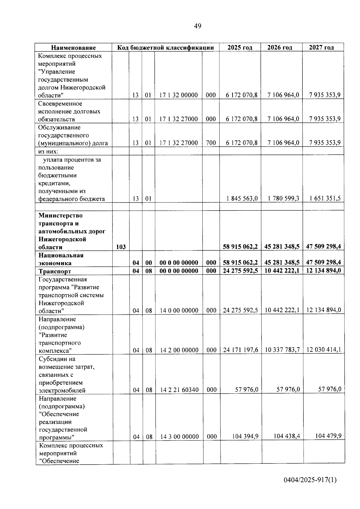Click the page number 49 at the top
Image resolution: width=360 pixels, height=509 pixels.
[x=197, y=26]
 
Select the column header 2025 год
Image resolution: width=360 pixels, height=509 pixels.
[x=240, y=47]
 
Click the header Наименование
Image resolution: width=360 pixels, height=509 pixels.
[x=73, y=48]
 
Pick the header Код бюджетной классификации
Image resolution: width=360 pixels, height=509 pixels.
[x=165, y=47]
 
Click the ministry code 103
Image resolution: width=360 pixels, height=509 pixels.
[x=121, y=247]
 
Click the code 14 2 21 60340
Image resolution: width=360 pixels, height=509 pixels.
[x=179, y=390]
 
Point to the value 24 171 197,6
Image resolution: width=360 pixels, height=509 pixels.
[x=240, y=350]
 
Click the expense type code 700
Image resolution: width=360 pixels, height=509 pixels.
[x=211, y=143]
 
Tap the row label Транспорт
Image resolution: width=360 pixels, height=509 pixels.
[x=55, y=271]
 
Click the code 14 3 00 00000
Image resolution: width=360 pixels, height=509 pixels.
[x=179, y=437]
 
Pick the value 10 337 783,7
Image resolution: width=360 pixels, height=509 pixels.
[x=282, y=350]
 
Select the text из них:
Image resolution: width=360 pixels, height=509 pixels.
[x=48, y=151]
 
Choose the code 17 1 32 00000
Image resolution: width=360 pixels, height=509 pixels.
[x=178, y=95]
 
